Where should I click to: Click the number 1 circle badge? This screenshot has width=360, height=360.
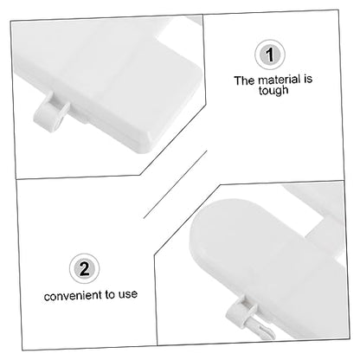pyautogui.click(x=270, y=55)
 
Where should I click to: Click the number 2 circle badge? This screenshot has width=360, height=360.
pyautogui.click(x=84, y=268)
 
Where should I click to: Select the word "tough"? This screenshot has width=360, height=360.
pyautogui.click(x=273, y=91)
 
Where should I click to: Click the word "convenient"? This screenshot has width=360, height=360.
pyautogui.click(x=73, y=296)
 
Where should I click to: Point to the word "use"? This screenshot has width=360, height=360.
pyautogui.click(x=128, y=294)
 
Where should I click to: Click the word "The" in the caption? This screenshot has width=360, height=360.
pyautogui.click(x=244, y=80)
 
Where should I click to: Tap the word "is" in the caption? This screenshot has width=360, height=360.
pyautogui.click(x=307, y=79)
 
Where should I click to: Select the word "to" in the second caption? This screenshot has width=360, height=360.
pyautogui.click(x=110, y=295)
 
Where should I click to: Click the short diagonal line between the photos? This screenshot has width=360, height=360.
pyautogui.click(x=175, y=184)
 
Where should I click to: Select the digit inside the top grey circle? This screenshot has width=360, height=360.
pyautogui.click(x=270, y=55)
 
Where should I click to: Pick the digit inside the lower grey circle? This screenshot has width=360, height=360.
pyautogui.click(x=84, y=268)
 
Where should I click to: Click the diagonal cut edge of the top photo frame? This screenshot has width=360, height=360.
pyautogui.click(x=173, y=138)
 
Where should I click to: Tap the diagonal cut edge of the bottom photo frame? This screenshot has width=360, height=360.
pyautogui.click(x=187, y=220)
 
